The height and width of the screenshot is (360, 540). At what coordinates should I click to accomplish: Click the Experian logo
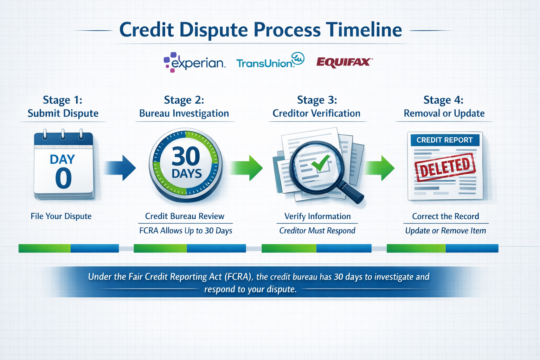tap(194, 62)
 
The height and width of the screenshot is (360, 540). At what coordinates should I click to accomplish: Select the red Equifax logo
tap(344, 62)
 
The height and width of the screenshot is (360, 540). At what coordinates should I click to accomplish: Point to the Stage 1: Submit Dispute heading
tap(63, 107)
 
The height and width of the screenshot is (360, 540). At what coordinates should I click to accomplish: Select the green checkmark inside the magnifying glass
tap(320, 162)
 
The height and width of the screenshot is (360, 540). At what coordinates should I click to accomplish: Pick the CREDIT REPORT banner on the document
tap(444, 140)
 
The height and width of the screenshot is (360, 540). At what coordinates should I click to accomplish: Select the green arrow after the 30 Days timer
tap(247, 168)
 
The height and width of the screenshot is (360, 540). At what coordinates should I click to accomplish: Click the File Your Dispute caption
tap(61, 216)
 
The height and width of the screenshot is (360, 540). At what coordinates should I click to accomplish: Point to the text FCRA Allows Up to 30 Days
tap(186, 231)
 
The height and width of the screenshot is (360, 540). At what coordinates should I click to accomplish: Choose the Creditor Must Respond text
tap(317, 231)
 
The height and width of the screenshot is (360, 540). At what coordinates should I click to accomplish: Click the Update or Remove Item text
tap(445, 231)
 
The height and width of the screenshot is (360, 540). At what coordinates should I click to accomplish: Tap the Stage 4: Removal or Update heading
tap(444, 107)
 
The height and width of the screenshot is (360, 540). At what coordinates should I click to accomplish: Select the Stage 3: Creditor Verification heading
tap(317, 107)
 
